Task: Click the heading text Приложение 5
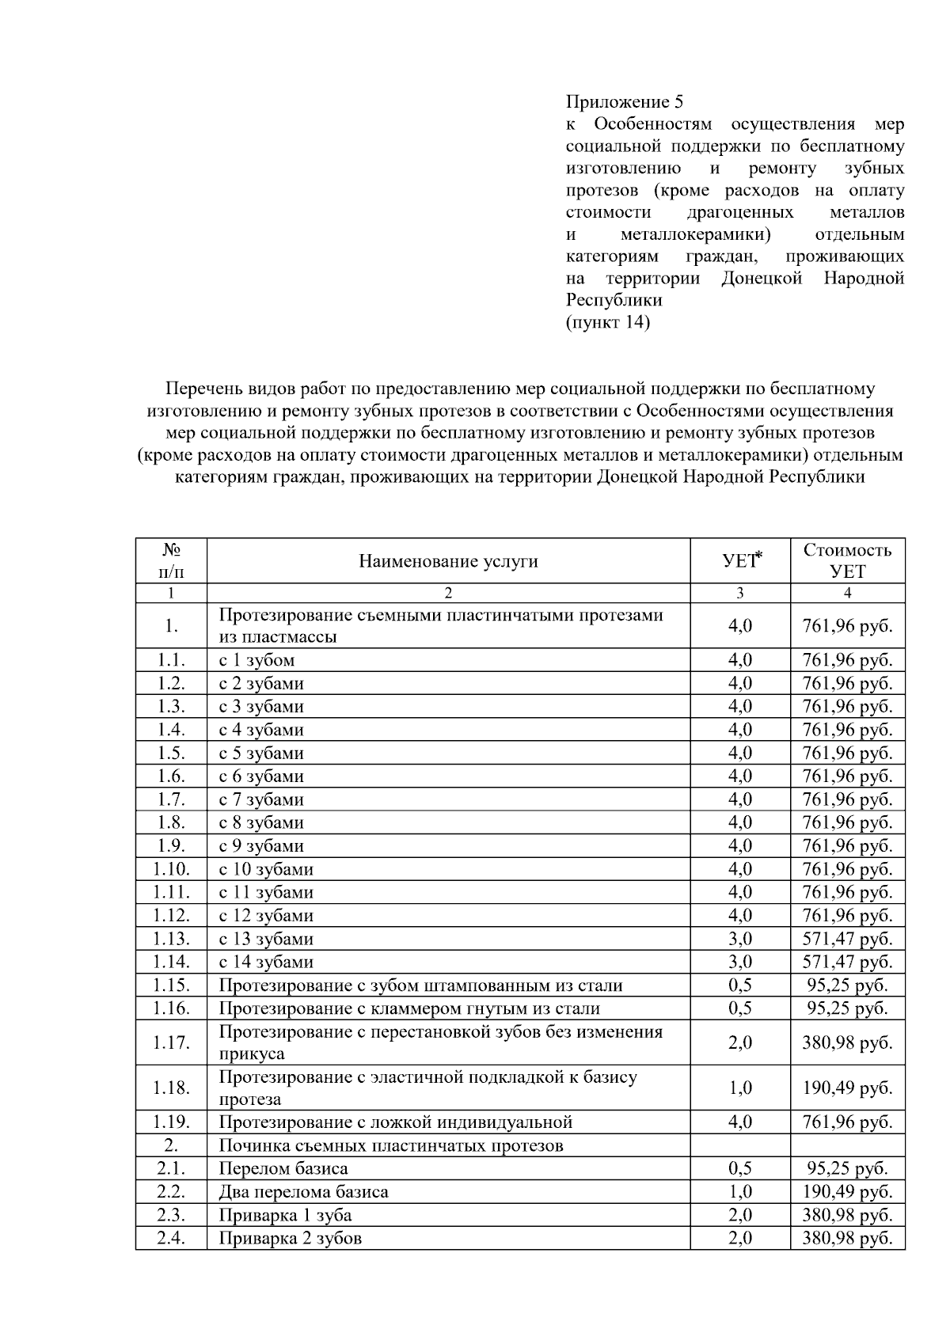point(624,102)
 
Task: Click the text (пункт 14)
point(607,323)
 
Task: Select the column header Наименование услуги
point(448,561)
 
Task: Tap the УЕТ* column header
point(740,561)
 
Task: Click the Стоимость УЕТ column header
point(847,560)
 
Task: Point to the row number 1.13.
point(171,939)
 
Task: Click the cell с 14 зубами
point(266,962)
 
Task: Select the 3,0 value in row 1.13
point(740,939)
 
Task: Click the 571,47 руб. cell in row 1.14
point(847,962)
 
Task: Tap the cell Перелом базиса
point(283,1168)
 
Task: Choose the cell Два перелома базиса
point(303,1191)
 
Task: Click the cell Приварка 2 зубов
point(290,1238)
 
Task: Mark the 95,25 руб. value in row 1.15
point(847,985)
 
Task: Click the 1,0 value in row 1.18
point(740,1088)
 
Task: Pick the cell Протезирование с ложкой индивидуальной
point(395,1122)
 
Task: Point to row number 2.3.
point(171,1215)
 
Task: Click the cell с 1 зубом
point(256,660)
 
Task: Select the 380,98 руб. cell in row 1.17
point(847,1042)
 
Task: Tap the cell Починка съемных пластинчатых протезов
point(390,1145)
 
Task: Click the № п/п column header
point(171,560)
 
